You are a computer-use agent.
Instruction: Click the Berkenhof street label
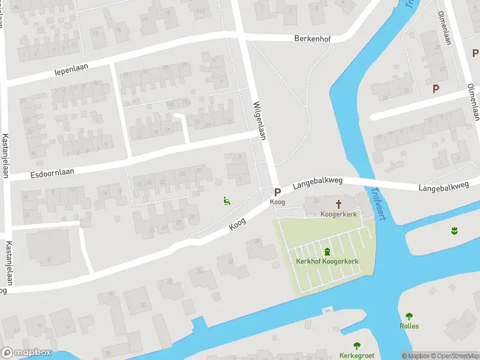coord(313,38)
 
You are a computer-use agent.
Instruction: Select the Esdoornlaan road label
coord(52,173)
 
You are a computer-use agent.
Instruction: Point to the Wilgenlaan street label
coord(259,120)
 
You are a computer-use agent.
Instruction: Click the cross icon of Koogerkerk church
coord(338,204)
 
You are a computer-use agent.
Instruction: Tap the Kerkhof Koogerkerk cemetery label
coord(327,261)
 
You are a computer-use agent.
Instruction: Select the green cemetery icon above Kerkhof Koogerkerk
coord(327,251)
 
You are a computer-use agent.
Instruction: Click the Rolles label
coord(409,326)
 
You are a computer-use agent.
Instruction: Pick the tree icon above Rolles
coord(409,316)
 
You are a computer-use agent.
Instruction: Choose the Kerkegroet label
coord(356,355)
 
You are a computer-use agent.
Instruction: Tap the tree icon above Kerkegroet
coord(357,345)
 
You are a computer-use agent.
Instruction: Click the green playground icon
coord(227,202)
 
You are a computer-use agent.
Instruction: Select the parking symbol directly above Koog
coord(277,193)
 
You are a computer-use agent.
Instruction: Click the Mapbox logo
coord(26,353)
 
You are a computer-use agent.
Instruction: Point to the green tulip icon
coord(454,230)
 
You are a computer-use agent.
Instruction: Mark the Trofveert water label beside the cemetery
coord(379,203)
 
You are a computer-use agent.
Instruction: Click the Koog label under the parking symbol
coord(277,202)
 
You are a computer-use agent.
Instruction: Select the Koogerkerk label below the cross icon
coord(338,214)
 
